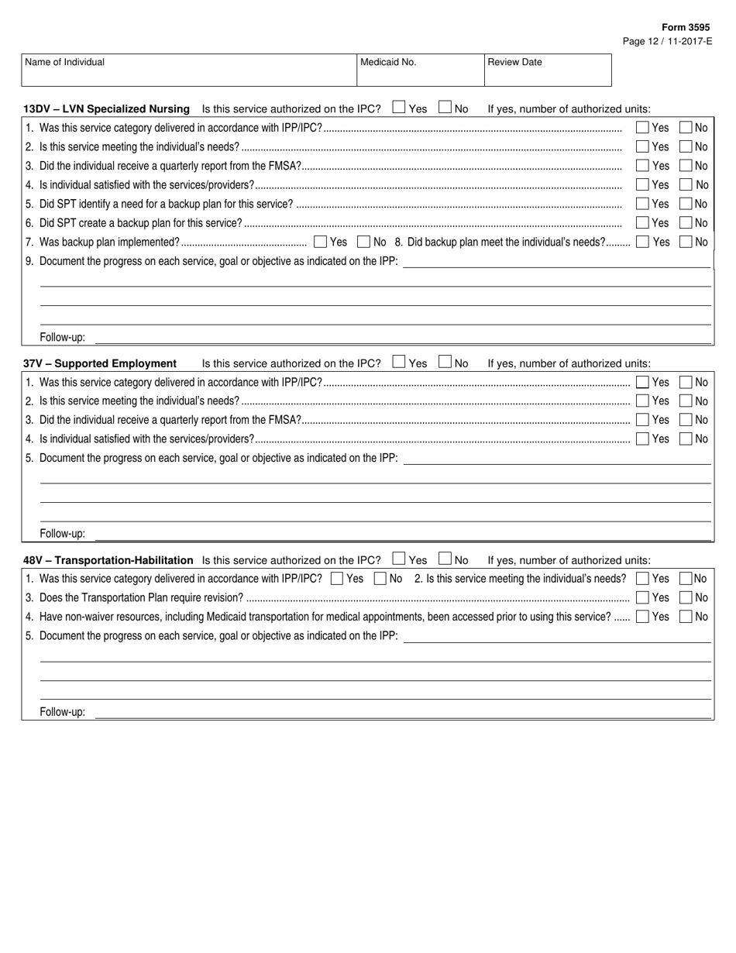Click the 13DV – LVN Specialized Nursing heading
pyautogui.click(x=107, y=108)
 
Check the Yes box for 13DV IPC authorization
pyautogui.click(x=399, y=108)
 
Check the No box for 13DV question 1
pyautogui.click(x=686, y=127)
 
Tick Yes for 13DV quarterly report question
pyautogui.click(x=642, y=165)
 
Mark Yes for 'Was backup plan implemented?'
pyautogui.click(x=321, y=242)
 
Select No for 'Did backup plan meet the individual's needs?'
pyautogui.click(x=686, y=242)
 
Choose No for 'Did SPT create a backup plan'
pyautogui.click(x=686, y=223)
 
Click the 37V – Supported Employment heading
pyautogui.click(x=100, y=363)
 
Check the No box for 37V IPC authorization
pyautogui.click(x=445, y=362)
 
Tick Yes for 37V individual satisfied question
pyautogui.click(x=642, y=439)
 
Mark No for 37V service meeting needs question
pyautogui.click(x=686, y=401)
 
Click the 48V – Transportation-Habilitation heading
pyautogui.click(x=108, y=560)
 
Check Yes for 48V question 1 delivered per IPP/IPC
pyautogui.click(x=337, y=578)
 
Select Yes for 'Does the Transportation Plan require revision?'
pyautogui.click(x=642, y=597)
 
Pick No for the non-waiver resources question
pyautogui.click(x=686, y=617)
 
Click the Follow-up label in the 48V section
pyautogui.click(x=63, y=712)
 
